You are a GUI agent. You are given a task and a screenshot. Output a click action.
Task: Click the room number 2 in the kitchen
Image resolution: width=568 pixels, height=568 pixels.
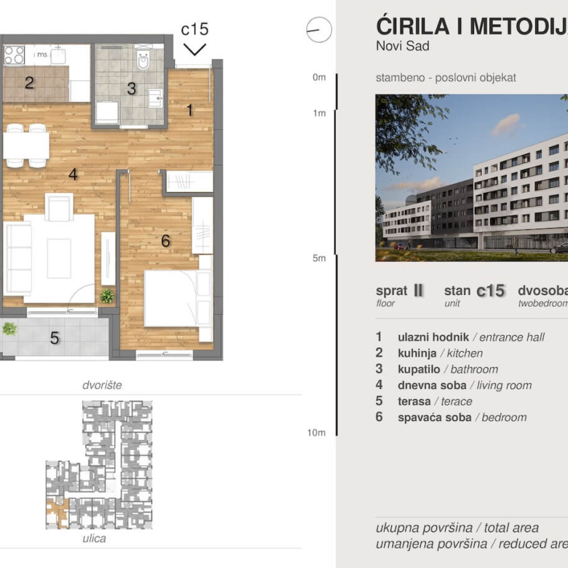[29, 83]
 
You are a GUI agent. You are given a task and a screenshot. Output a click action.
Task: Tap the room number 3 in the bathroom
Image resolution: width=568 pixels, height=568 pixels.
[131, 89]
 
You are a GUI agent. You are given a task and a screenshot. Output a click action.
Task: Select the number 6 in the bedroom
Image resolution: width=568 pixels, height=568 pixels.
[166, 240]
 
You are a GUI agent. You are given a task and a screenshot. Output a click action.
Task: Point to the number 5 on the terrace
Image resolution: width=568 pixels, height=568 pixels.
[54, 338]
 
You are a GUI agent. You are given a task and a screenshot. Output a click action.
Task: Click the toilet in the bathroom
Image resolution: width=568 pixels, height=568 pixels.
[143, 60]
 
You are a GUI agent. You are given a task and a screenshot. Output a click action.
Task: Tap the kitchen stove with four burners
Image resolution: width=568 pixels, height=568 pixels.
[15, 55]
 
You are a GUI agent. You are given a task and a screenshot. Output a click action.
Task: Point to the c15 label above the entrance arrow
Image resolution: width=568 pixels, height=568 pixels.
[194, 29]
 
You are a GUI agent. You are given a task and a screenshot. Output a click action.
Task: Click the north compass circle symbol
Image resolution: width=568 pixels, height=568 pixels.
[319, 30]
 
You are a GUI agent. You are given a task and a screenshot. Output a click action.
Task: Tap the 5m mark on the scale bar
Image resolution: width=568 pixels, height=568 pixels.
[319, 258]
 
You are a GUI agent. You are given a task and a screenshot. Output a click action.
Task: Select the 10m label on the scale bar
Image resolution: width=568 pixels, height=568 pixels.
[317, 433]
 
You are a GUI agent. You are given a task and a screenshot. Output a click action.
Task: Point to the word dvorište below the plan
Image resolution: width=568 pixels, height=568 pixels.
[101, 384]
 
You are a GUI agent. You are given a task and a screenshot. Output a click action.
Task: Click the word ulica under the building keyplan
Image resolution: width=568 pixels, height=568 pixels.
[94, 539]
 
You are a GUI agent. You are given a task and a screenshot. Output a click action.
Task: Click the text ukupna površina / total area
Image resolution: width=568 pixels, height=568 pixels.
[457, 528]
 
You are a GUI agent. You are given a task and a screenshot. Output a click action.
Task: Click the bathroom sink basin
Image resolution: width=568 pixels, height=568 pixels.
[155, 98]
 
